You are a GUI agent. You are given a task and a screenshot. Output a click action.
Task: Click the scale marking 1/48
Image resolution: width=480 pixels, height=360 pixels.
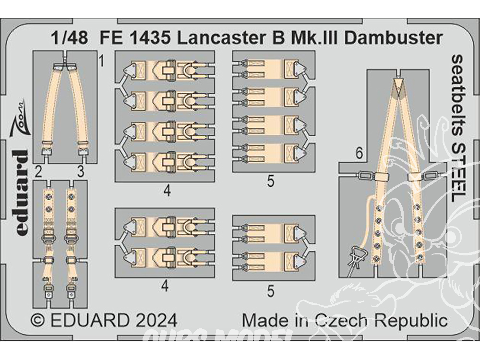tap(70, 38)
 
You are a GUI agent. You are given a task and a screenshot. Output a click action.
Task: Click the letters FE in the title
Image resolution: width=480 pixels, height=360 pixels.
tap(110, 38)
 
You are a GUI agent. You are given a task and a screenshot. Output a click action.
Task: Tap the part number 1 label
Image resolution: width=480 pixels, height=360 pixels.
tap(101, 61)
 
